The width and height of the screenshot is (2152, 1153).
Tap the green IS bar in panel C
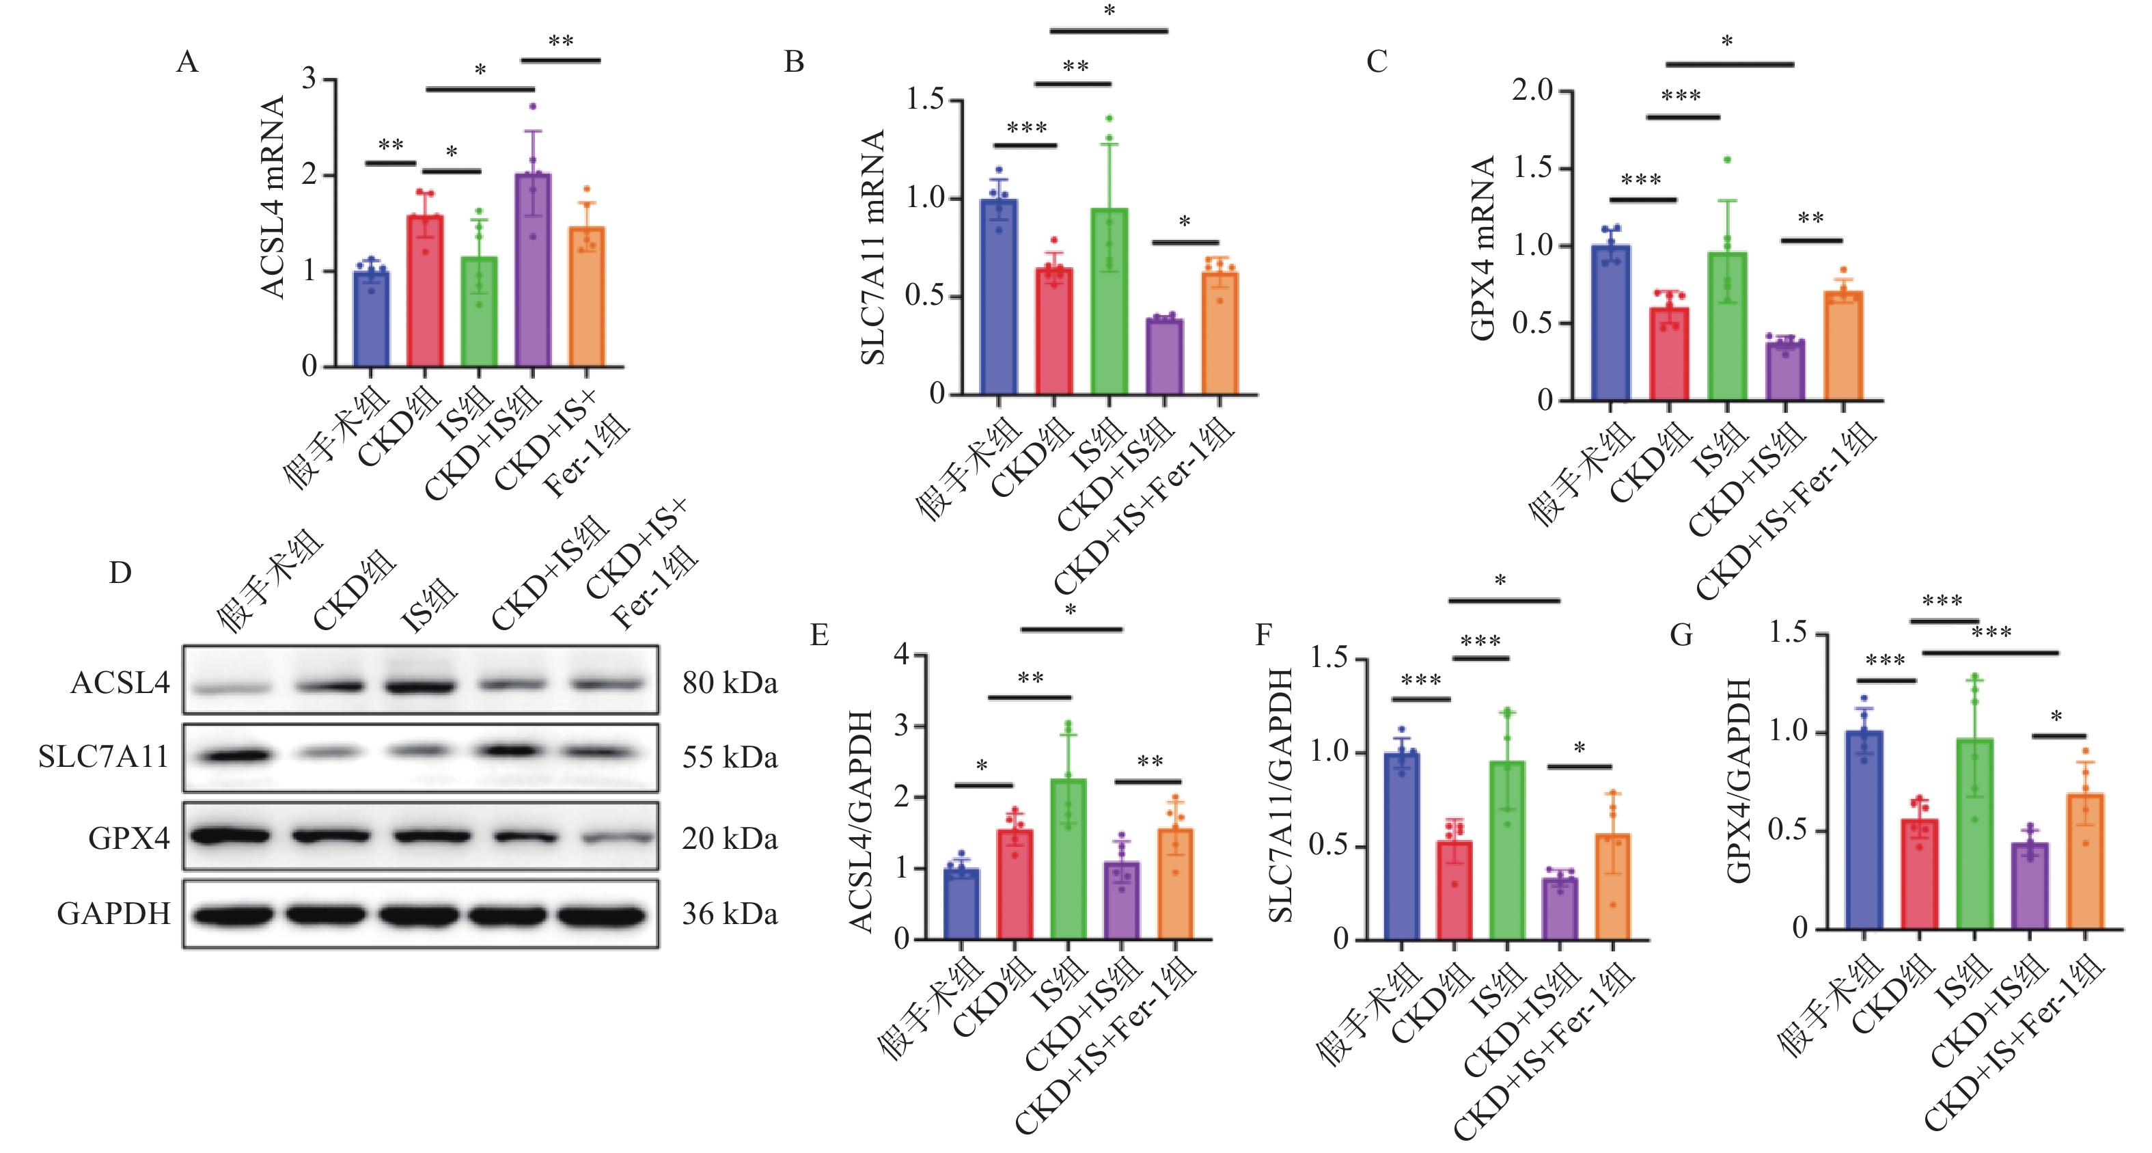(1727, 326)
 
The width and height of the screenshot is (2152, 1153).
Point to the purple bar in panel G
(2030, 886)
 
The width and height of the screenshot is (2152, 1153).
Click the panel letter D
(120, 573)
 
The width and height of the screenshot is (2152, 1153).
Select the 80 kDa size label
(730, 683)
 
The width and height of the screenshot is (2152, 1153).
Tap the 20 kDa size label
(730, 838)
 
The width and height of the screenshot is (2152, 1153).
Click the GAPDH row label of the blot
(113, 914)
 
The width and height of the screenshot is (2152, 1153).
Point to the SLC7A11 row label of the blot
(104, 757)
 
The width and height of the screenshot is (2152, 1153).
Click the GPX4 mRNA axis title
(1483, 248)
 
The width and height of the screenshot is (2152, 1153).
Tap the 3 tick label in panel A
(309, 79)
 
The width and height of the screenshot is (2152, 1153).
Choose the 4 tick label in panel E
(901, 654)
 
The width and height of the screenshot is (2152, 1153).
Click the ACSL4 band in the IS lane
(419, 687)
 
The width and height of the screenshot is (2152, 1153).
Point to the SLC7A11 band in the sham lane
(232, 755)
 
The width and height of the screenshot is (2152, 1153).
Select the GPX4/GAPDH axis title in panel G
(1739, 780)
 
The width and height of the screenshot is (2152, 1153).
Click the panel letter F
(1263, 635)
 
